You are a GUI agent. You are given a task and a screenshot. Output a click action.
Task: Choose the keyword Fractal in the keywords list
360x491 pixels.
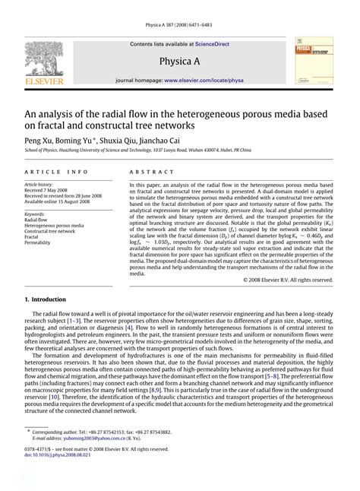pyautogui.click(x=34, y=236)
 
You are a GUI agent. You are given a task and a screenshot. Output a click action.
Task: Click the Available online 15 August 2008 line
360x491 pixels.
pyautogui.click(x=62, y=200)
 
